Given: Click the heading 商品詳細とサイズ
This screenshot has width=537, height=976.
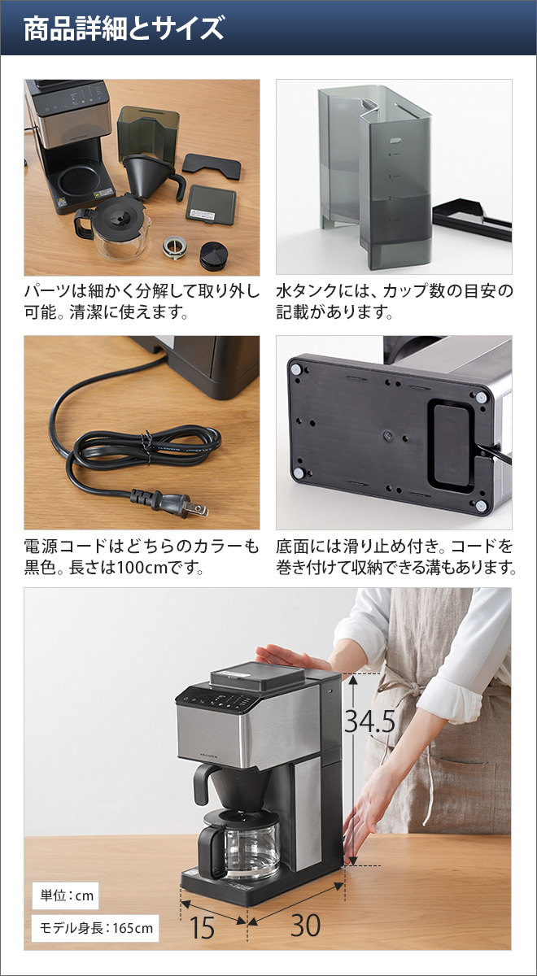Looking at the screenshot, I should [124, 29].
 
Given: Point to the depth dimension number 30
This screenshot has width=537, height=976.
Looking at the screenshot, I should [305, 925].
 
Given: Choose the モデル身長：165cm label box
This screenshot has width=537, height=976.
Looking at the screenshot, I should [94, 928].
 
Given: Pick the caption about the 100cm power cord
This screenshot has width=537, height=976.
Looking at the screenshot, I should [141, 556].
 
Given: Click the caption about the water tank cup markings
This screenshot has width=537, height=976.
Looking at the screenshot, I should [394, 302].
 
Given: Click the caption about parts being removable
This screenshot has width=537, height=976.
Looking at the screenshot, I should [141, 302].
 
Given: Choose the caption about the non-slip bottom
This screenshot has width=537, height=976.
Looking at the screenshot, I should [395, 556].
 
